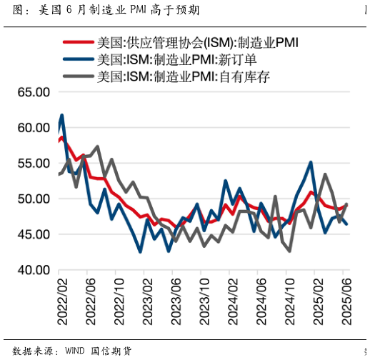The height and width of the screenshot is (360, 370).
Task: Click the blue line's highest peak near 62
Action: [x=62, y=115]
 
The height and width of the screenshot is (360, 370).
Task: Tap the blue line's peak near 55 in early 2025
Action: [x=311, y=163]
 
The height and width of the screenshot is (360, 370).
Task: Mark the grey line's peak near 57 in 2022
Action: [x=97, y=147]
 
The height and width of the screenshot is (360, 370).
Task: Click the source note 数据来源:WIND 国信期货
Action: [x=71, y=351]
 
